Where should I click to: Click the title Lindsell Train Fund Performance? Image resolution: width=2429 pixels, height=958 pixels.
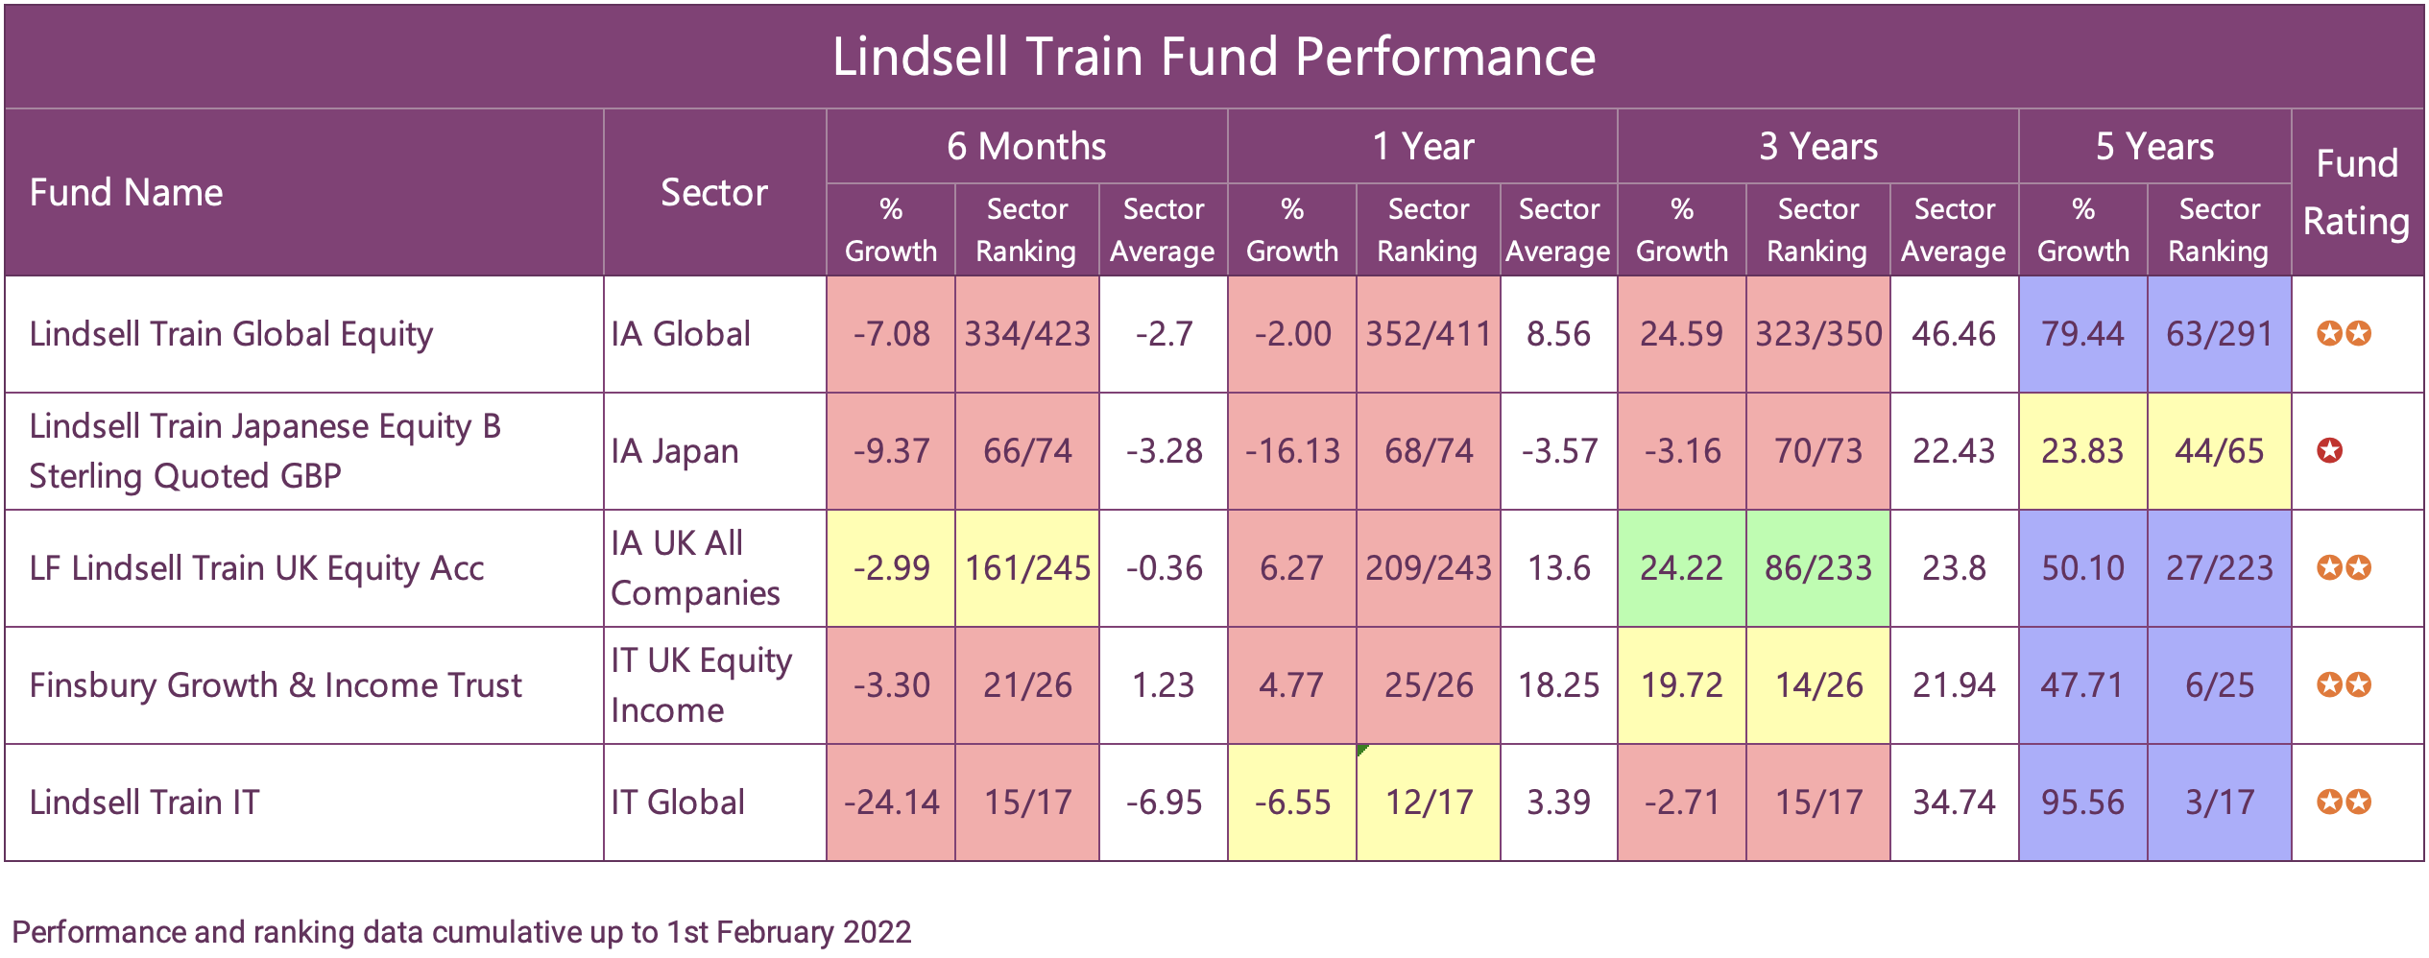click(1214, 57)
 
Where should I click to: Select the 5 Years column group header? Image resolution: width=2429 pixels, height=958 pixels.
click(2154, 147)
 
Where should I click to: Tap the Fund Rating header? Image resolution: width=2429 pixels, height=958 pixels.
click(2356, 192)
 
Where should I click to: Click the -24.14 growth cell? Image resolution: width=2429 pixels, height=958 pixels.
click(891, 802)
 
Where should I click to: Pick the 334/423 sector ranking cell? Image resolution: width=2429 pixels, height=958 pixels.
click(1027, 334)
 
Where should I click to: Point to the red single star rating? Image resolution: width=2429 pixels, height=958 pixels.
click(2329, 450)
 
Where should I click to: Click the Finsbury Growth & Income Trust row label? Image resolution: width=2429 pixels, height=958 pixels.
click(276, 685)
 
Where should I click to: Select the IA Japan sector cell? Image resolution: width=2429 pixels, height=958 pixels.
click(675, 451)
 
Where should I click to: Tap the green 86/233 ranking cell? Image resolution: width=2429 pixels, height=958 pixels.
click(1817, 568)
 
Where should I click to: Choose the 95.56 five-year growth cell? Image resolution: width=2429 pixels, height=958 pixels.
click(2082, 802)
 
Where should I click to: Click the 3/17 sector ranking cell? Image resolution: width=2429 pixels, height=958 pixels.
click(2219, 802)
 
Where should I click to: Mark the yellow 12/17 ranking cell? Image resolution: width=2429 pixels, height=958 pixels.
click(1428, 802)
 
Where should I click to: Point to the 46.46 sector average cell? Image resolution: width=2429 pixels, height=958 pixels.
click(1953, 334)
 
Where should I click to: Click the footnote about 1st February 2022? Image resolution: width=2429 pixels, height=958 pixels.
click(461, 932)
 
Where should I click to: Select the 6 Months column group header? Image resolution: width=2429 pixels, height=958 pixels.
click(1026, 147)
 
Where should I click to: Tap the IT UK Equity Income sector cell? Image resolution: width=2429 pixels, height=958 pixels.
click(701, 685)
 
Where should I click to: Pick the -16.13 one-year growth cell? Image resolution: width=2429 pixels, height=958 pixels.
click(1291, 451)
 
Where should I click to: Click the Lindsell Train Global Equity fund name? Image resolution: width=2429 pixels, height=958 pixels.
click(231, 334)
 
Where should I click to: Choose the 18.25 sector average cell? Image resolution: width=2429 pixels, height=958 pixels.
click(1558, 685)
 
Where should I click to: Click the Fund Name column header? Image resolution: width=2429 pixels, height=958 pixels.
click(126, 193)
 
